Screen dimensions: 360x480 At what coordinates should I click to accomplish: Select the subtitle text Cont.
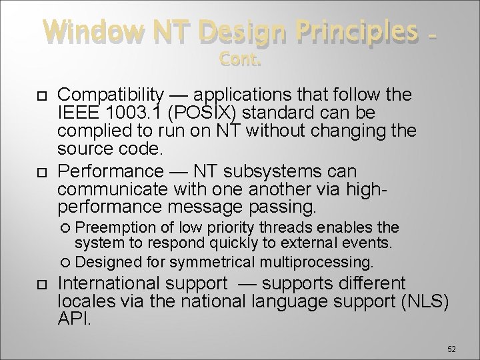tap(240, 61)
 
